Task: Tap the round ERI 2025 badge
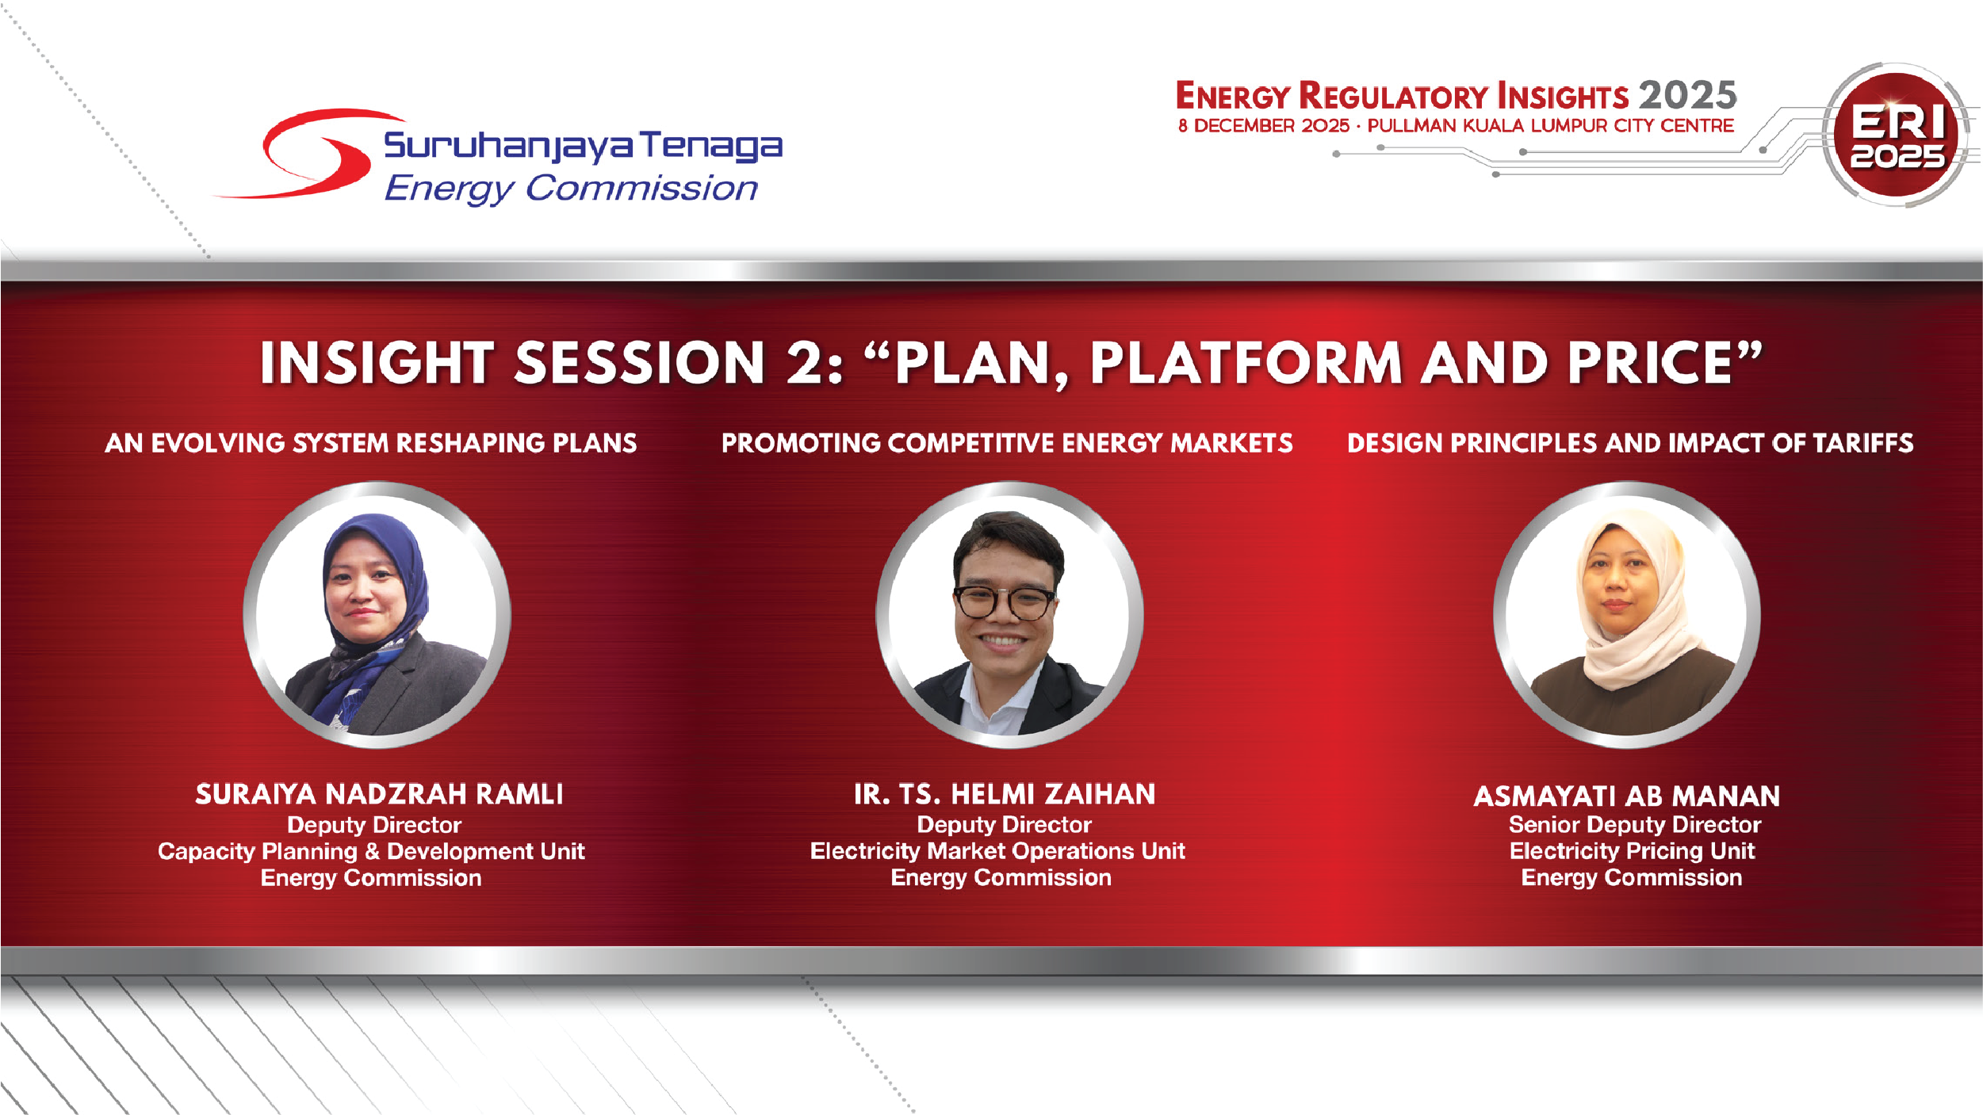pos(1897,135)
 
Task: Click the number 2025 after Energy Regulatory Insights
pos(1688,96)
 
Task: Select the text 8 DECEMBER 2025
pos(1263,126)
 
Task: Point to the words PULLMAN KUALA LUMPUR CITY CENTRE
pos(1551,126)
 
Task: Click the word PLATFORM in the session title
pos(1246,363)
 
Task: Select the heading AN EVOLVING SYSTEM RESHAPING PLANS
pos(370,443)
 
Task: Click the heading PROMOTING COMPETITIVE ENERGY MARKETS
pos(1007,443)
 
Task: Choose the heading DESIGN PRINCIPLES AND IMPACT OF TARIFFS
pos(1630,443)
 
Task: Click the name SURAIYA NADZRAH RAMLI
pos(379,794)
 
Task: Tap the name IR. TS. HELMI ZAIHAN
pos(1005,794)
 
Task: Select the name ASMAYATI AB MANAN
pos(1627,796)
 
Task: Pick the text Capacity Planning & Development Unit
pos(371,852)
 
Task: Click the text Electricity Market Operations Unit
pos(997,851)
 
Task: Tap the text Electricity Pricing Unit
pos(1632,851)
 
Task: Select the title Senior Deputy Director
pos(1635,825)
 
